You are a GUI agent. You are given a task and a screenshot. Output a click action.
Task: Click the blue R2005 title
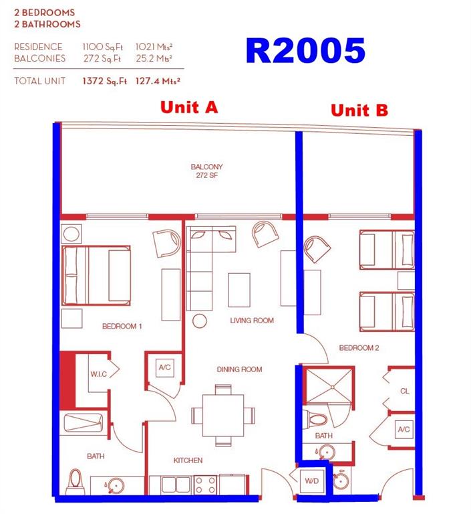[305, 51]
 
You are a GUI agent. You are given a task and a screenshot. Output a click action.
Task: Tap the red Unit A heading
[189, 107]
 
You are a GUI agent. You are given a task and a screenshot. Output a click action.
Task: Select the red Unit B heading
[359, 110]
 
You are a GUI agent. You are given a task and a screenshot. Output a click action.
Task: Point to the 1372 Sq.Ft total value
[104, 81]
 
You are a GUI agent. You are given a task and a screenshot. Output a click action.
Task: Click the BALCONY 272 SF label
[207, 171]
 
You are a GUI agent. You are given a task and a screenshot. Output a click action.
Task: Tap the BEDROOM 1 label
[122, 326]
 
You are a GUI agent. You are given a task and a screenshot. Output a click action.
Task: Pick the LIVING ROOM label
[252, 321]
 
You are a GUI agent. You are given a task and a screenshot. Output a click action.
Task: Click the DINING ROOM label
[239, 369]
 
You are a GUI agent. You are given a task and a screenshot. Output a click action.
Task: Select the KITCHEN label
[188, 460]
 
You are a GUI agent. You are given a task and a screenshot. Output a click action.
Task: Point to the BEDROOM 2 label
[359, 348]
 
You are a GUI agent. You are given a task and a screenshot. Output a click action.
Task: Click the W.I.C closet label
[98, 374]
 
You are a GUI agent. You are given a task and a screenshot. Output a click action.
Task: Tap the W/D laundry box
[312, 481]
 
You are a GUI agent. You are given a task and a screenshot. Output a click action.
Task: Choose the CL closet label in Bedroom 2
[405, 391]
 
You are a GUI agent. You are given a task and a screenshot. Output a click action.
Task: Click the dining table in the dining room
[223, 416]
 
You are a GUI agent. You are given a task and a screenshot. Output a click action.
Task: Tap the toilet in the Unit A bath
[75, 481]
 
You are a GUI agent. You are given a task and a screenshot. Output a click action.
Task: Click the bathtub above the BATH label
[84, 423]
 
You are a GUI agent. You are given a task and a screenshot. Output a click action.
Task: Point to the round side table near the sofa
[199, 321]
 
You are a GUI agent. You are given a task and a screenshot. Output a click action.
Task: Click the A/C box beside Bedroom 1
[164, 368]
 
